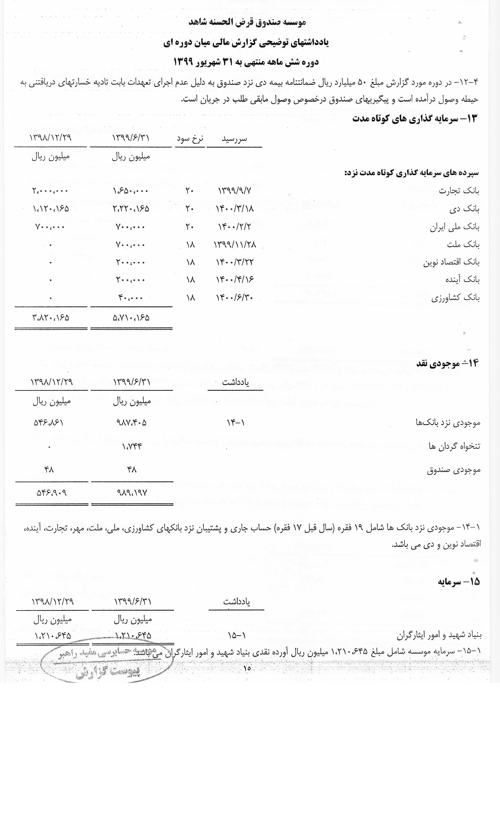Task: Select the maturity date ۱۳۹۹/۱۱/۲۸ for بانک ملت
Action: click(235, 245)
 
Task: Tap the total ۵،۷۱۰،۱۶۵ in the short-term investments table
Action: click(131, 318)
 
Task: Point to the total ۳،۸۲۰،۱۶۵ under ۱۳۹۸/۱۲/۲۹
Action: click(51, 318)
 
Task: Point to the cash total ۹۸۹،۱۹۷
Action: click(132, 493)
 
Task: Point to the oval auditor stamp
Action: click(107, 663)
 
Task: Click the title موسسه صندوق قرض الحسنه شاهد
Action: click(247, 22)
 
